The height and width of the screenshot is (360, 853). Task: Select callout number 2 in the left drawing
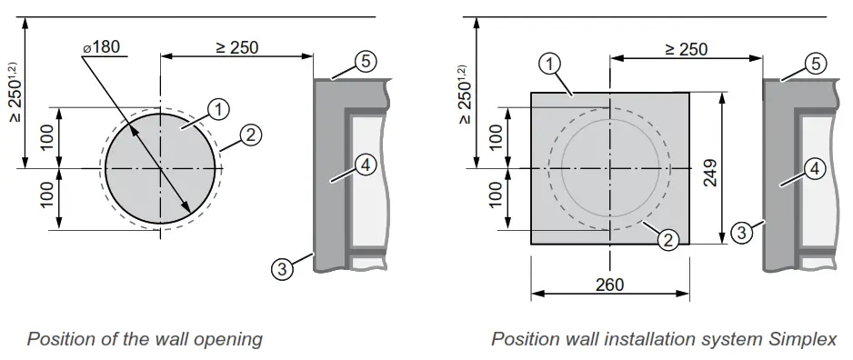point(251,135)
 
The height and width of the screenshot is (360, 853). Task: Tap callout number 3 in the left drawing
point(283,268)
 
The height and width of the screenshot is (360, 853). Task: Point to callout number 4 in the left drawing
point(363,166)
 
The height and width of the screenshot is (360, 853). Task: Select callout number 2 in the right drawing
point(667,240)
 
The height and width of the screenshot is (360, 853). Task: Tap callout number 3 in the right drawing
point(742,233)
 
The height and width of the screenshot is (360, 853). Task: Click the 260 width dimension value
point(609,285)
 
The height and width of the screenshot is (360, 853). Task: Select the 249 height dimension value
point(709,168)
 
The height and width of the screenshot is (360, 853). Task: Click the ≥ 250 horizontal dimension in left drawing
point(236,47)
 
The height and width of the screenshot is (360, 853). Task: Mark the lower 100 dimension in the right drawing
point(496,198)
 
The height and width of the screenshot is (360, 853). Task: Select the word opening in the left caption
point(231,339)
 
